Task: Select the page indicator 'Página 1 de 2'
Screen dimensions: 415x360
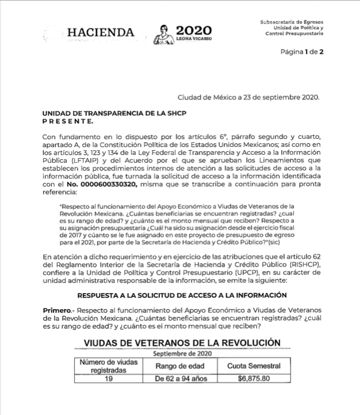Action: click(x=302, y=52)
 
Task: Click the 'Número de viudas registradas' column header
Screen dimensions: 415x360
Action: click(x=108, y=365)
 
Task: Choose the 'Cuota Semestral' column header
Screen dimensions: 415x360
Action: click(x=253, y=366)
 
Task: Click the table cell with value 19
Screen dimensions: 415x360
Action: click(x=108, y=378)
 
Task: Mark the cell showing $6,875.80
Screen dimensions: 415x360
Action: click(x=253, y=378)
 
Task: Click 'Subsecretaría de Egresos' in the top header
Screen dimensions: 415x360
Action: click(x=291, y=21)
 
